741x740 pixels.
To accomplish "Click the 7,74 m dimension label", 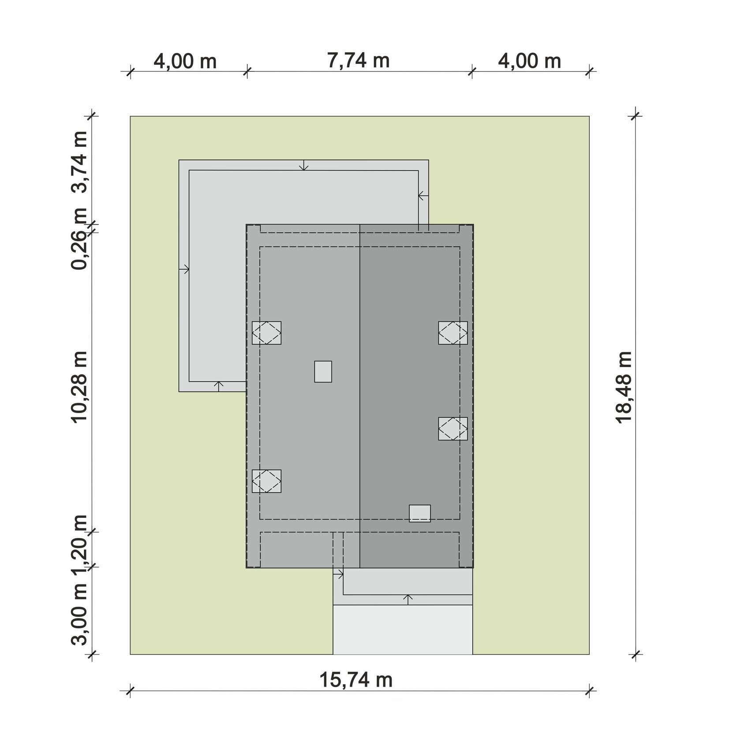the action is pos(359,60).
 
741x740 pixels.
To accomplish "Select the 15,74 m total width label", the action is pos(356,680).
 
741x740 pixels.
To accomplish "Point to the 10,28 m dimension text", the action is pos(80,387).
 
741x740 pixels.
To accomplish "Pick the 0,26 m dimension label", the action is pos(80,239).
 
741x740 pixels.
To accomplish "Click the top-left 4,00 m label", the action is pos(185,61).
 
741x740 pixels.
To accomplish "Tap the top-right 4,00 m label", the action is pos(530,61).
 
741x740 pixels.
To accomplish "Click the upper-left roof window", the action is pos(266,333).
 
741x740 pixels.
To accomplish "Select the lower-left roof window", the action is pos(266,481).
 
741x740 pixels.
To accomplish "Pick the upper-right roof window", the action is pos(453,333).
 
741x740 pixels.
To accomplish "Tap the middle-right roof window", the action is pos(453,428).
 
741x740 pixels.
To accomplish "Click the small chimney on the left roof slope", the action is pos(323,372).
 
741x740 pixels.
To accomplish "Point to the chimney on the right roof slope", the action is pos(420,513).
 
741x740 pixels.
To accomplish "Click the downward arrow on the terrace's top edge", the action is pos(303,165).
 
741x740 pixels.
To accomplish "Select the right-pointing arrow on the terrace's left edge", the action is pos(184,269).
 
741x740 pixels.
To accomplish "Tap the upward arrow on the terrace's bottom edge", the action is pos(219,387).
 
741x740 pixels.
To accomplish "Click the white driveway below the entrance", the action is pos(403,629).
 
